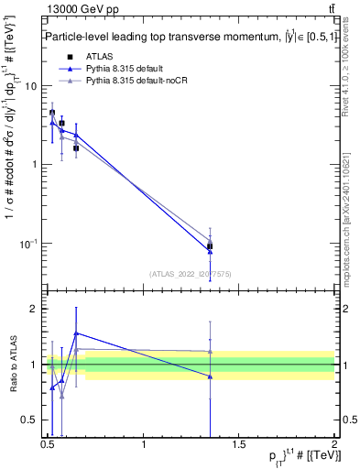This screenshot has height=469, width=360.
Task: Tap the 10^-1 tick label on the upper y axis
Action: point(29,243)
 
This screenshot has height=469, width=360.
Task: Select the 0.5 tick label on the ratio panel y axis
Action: point(29,420)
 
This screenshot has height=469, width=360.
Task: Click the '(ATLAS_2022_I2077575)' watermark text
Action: point(190,273)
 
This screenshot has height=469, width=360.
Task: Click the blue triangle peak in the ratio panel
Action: point(76,333)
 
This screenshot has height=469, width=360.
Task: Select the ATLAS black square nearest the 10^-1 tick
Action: point(211,245)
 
